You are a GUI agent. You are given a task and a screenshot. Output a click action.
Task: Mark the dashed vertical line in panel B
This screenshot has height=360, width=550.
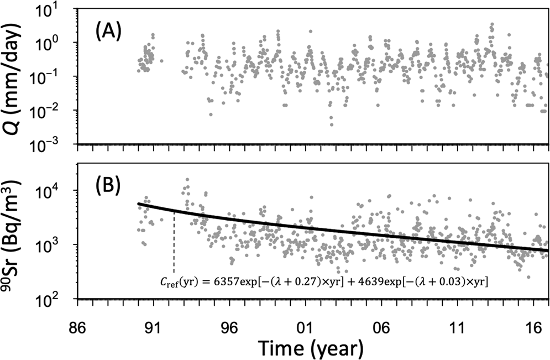(174, 243)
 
